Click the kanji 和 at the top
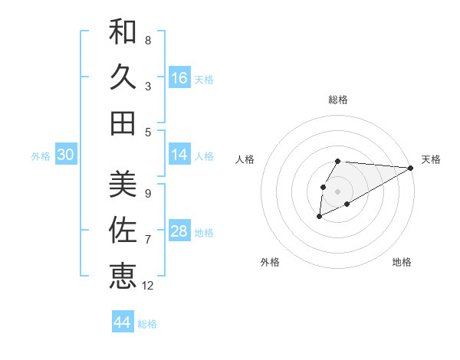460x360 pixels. pos(123,32)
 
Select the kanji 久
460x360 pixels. pos(123,77)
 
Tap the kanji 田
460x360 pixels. pos(123,123)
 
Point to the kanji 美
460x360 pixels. pos(123,184)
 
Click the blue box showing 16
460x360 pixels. pos(179,78)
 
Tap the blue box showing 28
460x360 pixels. pos(179,232)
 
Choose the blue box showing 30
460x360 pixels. pos(65,155)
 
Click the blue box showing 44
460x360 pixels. pos(123,322)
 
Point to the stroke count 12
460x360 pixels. pos(149,286)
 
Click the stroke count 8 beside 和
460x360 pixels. pos(148,40)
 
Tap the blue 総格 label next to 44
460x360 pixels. pos(147,324)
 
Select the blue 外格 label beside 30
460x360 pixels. pos(41,156)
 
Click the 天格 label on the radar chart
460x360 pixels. pos(431,159)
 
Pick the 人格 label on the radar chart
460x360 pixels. pos(245,159)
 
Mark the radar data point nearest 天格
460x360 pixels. pos(411,168)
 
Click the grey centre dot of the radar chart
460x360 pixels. pos(337,191)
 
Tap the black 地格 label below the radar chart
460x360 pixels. pos(402,262)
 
